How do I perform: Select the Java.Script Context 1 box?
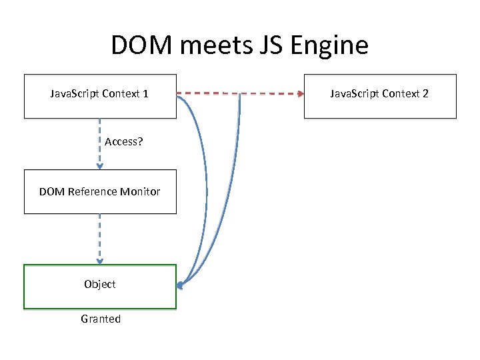point(100,96)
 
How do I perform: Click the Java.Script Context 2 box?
point(380,96)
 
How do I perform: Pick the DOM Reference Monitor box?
point(100,191)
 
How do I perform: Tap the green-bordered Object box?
point(100,287)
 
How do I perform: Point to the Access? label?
point(124,142)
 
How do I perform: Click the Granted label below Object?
point(101,319)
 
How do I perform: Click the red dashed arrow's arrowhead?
point(299,94)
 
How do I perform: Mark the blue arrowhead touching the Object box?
point(180,286)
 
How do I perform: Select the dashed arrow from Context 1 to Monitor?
point(100,143)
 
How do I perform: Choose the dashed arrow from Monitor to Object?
point(100,239)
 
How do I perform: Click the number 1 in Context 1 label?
point(145,94)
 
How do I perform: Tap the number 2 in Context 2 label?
point(425,94)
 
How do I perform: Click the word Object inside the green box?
point(100,284)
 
